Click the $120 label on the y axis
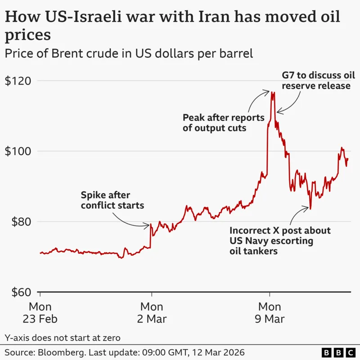[x=18, y=81]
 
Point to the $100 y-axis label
[x=18, y=151]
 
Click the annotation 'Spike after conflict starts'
[x=112, y=200]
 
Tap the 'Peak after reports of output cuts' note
[x=223, y=122]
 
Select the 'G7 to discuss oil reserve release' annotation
[x=316, y=80]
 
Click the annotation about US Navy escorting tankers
[x=280, y=241]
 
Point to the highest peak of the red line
[x=272, y=92]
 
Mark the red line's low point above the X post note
[x=310, y=209]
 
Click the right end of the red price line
[x=348, y=158]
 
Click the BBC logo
[x=337, y=351]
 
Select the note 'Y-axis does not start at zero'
[x=63, y=337]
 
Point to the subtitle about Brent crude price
[x=129, y=54]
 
